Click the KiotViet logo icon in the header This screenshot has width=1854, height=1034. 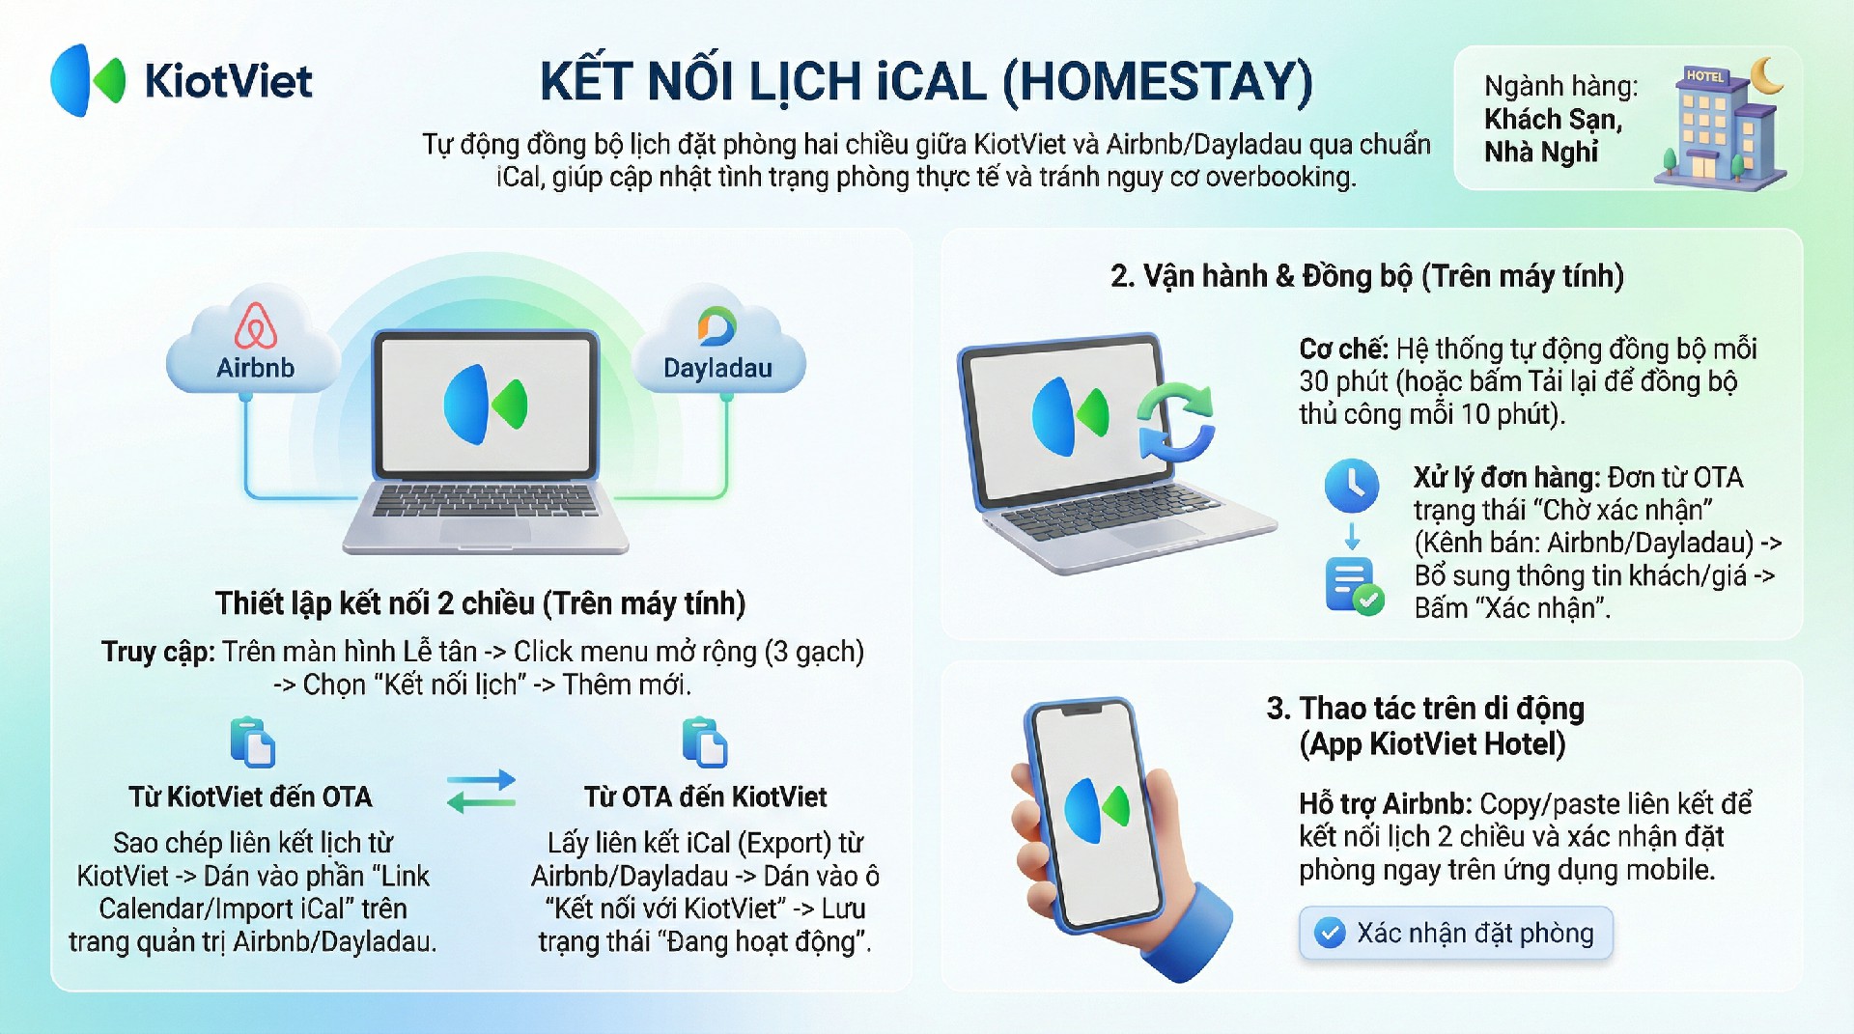point(88,80)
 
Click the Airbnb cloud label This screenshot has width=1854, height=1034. point(255,368)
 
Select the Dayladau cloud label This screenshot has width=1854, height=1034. point(717,368)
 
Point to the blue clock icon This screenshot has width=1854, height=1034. point(1352,486)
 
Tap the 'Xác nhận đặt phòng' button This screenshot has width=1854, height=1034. point(1456,933)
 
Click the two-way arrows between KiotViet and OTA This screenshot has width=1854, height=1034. point(481,791)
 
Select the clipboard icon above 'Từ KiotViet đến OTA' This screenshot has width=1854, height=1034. point(253,742)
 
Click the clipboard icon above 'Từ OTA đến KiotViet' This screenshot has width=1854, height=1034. point(705,742)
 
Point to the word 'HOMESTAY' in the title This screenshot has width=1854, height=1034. point(1157,81)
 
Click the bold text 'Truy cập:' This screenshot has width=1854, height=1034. point(158,653)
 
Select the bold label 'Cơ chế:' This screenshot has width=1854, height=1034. point(1343,349)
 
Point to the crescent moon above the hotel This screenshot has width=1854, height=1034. point(1766,76)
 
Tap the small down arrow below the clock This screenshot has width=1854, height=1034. point(1352,536)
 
